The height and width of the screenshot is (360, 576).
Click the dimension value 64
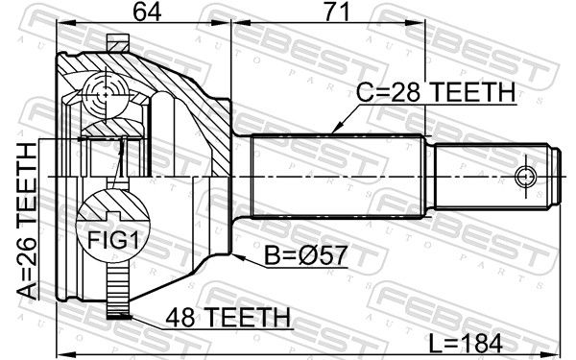pyautogui.click(x=147, y=12)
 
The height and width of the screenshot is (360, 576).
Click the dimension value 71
pyautogui.click(x=336, y=12)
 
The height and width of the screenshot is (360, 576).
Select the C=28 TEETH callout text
pyautogui.click(x=436, y=92)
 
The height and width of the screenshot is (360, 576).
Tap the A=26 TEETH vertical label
pyautogui.click(x=27, y=221)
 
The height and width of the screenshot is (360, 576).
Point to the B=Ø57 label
pyautogui.click(x=305, y=255)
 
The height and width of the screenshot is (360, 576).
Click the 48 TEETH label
pyautogui.click(x=228, y=317)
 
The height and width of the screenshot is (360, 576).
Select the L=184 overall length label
pyautogui.click(x=466, y=344)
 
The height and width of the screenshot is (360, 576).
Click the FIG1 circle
pyautogui.click(x=112, y=226)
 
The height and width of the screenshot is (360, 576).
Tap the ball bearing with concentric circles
pyautogui.click(x=106, y=95)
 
